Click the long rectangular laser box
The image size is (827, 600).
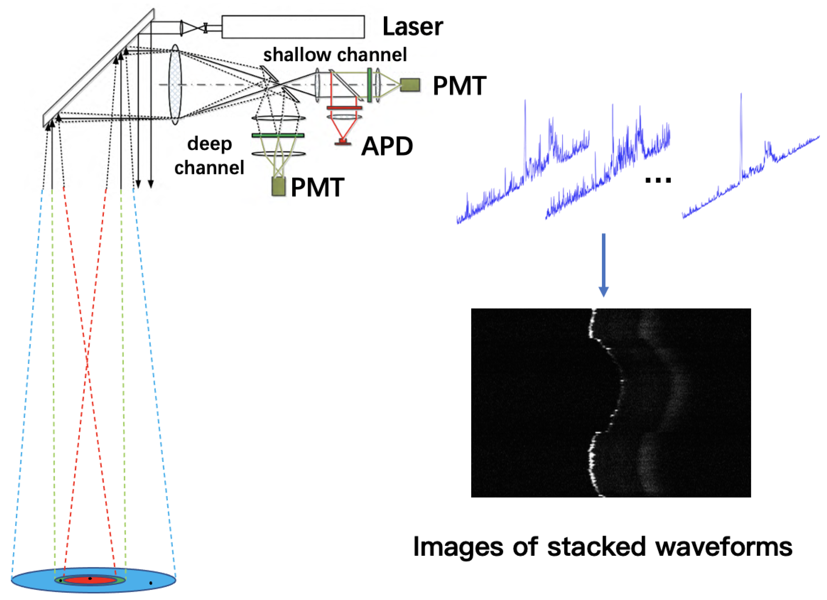click(x=293, y=27)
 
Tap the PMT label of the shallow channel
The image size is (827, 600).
click(x=459, y=86)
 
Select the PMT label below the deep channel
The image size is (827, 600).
click(x=317, y=188)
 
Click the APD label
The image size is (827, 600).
click(x=387, y=146)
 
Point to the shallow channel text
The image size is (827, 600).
click(x=335, y=55)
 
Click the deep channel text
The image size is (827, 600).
click(x=209, y=156)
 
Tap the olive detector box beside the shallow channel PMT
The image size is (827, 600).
click(x=410, y=85)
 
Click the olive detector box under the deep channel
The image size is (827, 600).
click(x=278, y=187)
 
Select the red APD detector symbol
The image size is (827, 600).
click(x=342, y=142)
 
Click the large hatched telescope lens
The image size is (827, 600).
click(x=175, y=85)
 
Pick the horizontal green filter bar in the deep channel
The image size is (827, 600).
click(x=278, y=135)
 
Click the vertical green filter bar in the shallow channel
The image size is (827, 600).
click(x=369, y=85)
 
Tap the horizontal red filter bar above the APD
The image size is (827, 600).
click(x=344, y=107)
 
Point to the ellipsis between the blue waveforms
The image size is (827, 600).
click(x=658, y=180)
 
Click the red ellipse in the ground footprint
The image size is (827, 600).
click(x=90, y=580)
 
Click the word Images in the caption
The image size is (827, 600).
click(x=458, y=547)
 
